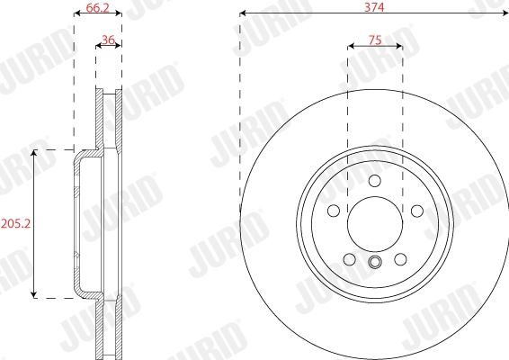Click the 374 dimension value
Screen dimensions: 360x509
coord(374,6)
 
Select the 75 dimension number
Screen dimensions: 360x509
coord(374,40)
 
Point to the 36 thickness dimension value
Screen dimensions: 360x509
coord(109,40)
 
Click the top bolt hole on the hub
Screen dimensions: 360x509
coord(375,184)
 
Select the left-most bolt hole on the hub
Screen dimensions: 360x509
coord(333,211)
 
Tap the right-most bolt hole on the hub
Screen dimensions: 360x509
coord(417,211)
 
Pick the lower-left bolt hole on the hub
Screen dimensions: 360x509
coord(350,260)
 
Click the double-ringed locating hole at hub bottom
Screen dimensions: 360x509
coord(375,264)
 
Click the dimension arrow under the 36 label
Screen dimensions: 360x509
coord(109,51)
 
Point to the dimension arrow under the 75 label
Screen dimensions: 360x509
coord(374,51)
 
